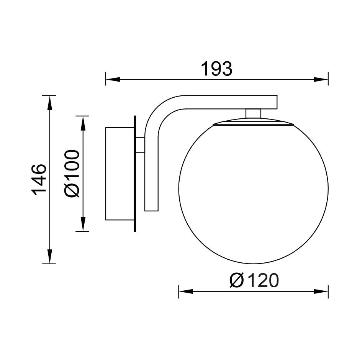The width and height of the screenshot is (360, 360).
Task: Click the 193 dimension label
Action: (x=217, y=69)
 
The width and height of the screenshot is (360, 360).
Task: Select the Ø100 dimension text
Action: (x=72, y=174)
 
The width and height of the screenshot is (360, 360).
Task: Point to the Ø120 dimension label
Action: (x=254, y=281)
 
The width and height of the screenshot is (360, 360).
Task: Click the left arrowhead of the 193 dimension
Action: (x=113, y=79)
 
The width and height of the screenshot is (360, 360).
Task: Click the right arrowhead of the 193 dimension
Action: (x=321, y=79)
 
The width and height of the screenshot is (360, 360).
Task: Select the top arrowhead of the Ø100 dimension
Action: (x=83, y=123)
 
